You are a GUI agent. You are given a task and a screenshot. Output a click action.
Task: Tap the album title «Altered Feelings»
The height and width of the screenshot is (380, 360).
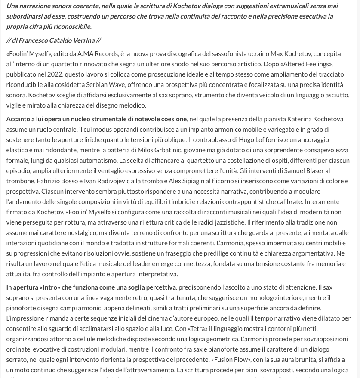click(x=307, y=64)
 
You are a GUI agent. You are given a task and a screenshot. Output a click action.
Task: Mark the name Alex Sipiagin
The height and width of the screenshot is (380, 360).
click(x=187, y=181)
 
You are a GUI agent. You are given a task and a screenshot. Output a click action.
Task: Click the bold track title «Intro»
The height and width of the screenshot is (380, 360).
click(x=49, y=287)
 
